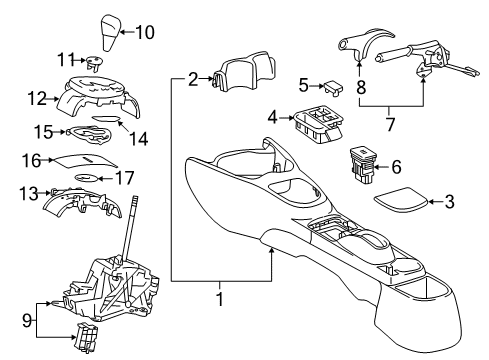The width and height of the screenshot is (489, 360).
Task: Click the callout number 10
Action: (145, 32)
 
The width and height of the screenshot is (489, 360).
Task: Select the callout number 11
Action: (66, 60)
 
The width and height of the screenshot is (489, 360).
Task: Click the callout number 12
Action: (37, 98)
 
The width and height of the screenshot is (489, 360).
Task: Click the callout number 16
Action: (31, 159)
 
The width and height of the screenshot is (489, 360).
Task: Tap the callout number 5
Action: (303, 84)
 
